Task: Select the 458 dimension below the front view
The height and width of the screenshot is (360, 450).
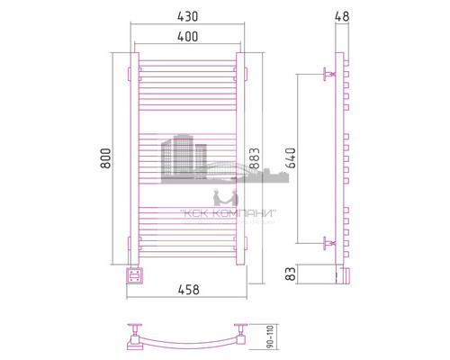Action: pyautogui.click(x=188, y=290)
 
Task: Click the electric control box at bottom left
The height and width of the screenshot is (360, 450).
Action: pyautogui.click(x=133, y=274)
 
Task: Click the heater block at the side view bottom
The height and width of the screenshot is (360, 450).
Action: pyautogui.click(x=340, y=273)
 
